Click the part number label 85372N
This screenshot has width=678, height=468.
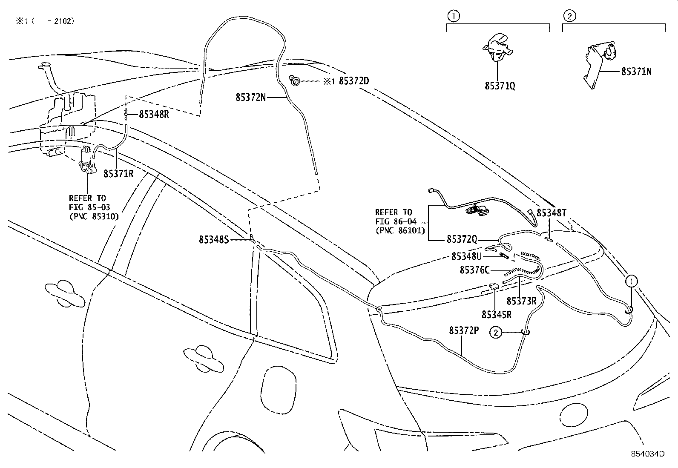(250, 98)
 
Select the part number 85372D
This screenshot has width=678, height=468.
(353, 81)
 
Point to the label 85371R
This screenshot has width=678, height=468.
(118, 173)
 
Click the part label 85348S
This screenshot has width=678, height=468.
(214, 240)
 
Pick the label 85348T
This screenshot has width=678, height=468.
(551, 213)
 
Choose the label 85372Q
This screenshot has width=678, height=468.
(462, 240)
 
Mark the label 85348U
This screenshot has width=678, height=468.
(466, 256)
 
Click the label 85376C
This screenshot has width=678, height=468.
(475, 270)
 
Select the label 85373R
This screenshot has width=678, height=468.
(521, 301)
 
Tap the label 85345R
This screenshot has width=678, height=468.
(497, 315)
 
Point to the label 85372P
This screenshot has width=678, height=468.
(463, 331)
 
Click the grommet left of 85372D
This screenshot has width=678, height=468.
(294, 80)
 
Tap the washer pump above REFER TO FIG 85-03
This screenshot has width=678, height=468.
(87, 160)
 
